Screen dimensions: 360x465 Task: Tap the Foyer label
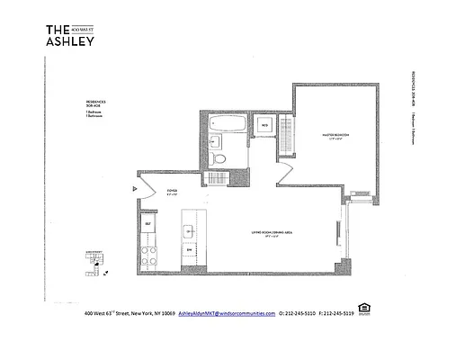172,191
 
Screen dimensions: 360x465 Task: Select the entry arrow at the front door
133,188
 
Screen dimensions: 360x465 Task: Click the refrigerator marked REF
148,225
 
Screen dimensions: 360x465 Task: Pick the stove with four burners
149,255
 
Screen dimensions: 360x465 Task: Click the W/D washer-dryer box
265,124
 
